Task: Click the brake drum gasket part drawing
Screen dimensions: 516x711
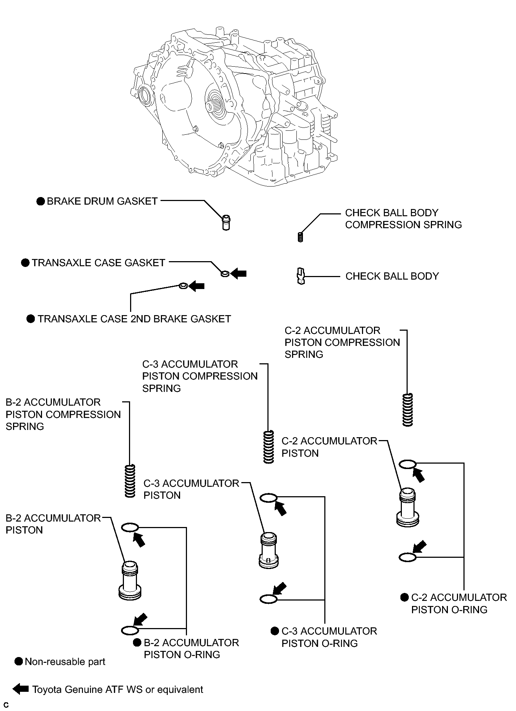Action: pyautogui.click(x=226, y=222)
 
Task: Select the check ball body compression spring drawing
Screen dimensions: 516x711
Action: pyautogui.click(x=300, y=237)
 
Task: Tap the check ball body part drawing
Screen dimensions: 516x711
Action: pyautogui.click(x=300, y=276)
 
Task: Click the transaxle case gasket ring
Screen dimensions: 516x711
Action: pyautogui.click(x=225, y=273)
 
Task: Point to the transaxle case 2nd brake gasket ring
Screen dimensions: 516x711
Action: pyautogui.click(x=183, y=286)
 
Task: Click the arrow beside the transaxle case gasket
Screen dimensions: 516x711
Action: pyautogui.click(x=238, y=273)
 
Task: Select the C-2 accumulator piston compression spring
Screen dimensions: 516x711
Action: pyautogui.click(x=408, y=410)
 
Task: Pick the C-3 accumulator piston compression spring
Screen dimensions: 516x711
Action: pyautogui.click(x=269, y=447)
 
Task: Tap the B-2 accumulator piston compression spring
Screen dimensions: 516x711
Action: pyautogui.click(x=130, y=481)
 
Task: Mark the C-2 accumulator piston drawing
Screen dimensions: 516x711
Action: pyautogui.click(x=408, y=507)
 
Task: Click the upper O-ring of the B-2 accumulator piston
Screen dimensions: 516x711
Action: pyautogui.click(x=130, y=528)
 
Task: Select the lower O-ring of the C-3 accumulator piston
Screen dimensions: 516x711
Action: pyautogui.click(x=269, y=599)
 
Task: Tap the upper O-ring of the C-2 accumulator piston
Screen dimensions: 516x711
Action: pyautogui.click(x=408, y=464)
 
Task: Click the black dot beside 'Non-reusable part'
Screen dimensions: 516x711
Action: pyautogui.click(x=18, y=662)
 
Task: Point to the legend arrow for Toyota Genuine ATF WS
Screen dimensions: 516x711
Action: pyautogui.click(x=21, y=689)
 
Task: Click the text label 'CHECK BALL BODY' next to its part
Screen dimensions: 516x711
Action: pyautogui.click(x=392, y=276)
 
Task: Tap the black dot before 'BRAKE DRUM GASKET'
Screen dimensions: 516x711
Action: pyautogui.click(x=41, y=201)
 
